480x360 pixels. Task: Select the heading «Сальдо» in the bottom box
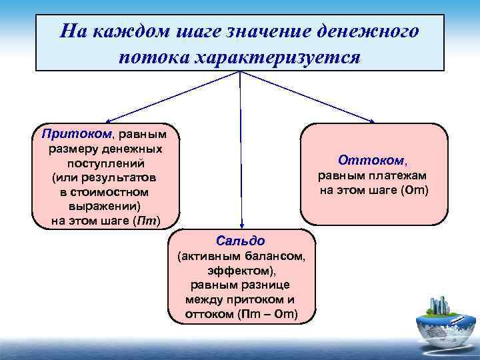(x=241, y=240)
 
